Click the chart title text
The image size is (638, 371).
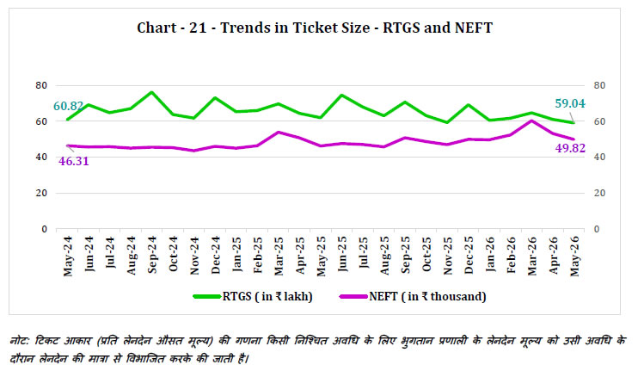(315, 28)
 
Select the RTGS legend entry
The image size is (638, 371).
(253, 296)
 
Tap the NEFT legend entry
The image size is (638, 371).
(413, 296)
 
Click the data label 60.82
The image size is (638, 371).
(68, 106)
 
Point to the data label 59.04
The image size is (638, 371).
(570, 103)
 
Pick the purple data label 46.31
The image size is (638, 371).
(74, 161)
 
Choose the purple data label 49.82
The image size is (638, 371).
(570, 148)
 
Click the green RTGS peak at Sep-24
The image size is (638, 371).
(152, 92)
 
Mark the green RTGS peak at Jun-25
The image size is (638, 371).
(342, 96)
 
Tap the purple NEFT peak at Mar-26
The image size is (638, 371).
(531, 121)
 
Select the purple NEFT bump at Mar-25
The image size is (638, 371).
(279, 133)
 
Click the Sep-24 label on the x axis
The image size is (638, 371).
(152, 255)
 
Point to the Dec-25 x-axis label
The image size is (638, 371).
(469, 255)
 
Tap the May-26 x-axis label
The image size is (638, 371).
(574, 257)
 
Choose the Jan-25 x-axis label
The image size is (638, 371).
(236, 254)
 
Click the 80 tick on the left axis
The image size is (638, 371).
(41, 85)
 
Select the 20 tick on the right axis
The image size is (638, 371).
(599, 193)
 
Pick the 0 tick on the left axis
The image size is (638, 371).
(45, 229)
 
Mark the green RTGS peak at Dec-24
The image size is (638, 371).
(215, 98)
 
